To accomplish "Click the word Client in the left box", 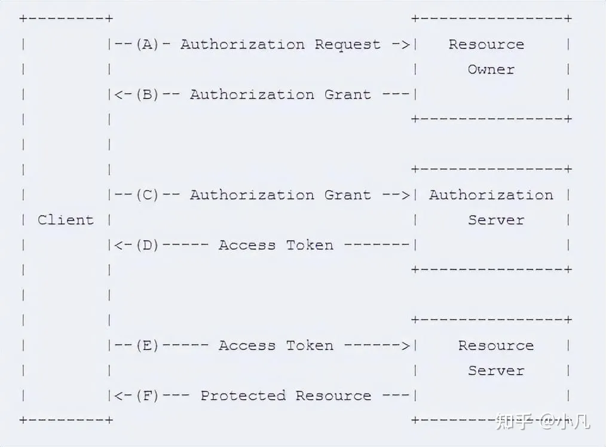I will click(66, 220).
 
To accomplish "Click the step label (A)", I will click(147, 44).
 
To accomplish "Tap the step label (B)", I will click(147, 94).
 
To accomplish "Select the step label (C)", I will click(147, 195).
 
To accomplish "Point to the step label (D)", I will click(147, 245).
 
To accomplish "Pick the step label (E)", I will click(147, 345).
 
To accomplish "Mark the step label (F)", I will click(147, 396).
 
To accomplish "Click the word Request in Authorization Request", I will click(348, 44).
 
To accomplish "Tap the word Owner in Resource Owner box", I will click(491, 69).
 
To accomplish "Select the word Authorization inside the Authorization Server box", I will click(491, 195).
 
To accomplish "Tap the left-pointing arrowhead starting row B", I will click(118, 94).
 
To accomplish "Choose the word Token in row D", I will click(310, 245).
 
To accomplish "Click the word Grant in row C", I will click(348, 195).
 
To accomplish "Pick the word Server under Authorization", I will click(496, 220).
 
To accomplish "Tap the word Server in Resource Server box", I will click(496, 371).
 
